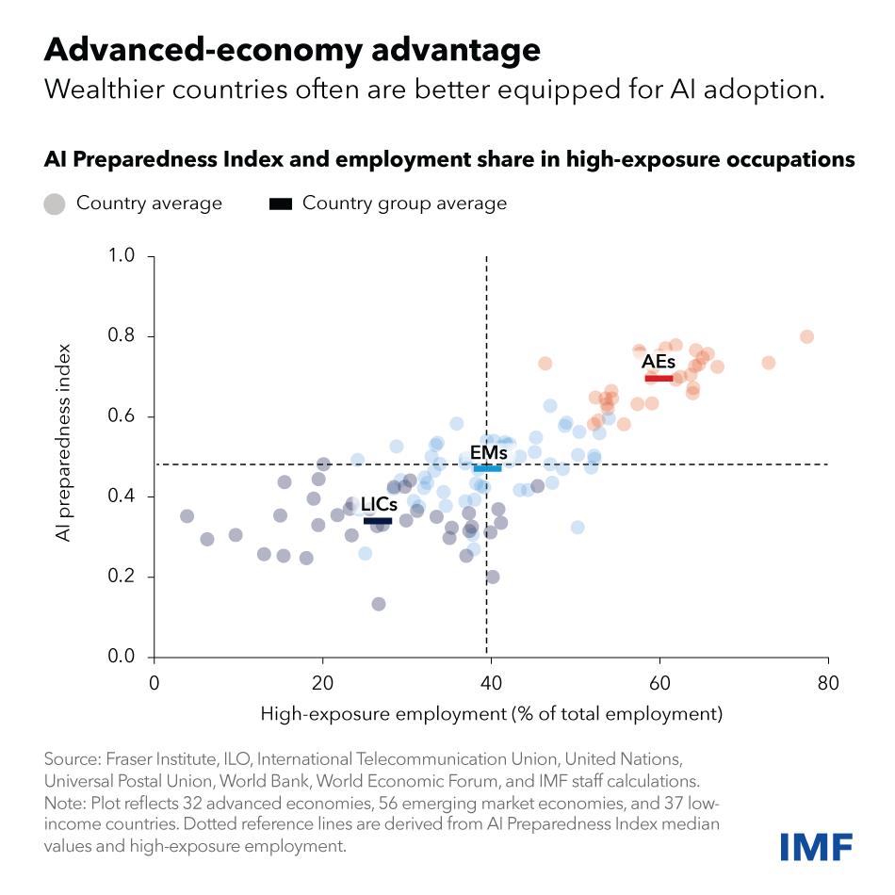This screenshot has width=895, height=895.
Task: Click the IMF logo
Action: [x=816, y=846]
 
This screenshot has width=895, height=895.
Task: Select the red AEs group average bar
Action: [x=659, y=379]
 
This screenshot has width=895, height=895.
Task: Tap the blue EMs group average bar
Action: [x=487, y=468]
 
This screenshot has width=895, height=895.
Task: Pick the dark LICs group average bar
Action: [x=378, y=520]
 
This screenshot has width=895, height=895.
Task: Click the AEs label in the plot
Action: [x=658, y=362]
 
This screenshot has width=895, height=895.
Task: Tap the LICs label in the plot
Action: [x=379, y=504]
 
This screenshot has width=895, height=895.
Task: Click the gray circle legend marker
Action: [x=55, y=203]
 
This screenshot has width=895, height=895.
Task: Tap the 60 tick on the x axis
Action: [x=659, y=683]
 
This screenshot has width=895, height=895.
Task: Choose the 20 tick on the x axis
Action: [x=322, y=683]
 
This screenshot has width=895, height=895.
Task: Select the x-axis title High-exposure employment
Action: [x=491, y=713]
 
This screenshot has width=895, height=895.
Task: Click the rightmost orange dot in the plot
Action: [x=806, y=336]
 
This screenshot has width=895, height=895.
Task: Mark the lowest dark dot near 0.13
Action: [x=379, y=604]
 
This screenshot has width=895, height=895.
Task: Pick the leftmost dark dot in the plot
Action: [x=187, y=516]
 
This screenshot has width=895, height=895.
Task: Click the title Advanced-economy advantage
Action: [x=292, y=49]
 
